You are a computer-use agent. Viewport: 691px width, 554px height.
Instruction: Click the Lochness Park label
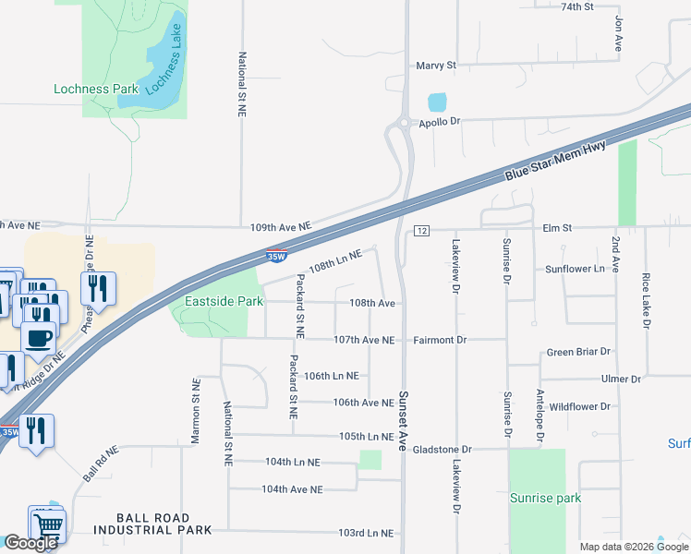96,90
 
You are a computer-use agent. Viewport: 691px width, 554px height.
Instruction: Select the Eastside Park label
224,301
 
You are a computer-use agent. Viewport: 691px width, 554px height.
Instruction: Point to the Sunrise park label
545,498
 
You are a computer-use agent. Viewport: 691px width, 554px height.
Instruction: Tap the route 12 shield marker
420,230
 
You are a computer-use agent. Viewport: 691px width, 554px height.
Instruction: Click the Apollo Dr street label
439,122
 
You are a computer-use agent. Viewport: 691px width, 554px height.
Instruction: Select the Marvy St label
436,66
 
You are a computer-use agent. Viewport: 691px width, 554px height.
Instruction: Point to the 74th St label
576,6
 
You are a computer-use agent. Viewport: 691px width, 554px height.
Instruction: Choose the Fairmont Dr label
440,340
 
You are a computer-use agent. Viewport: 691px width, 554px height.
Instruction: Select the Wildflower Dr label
579,406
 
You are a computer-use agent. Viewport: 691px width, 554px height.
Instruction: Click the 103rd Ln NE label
366,533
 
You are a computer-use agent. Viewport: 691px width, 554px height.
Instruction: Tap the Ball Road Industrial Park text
152,524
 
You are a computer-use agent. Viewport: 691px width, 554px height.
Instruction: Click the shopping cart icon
46,527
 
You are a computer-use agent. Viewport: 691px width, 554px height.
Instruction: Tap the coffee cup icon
37,338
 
